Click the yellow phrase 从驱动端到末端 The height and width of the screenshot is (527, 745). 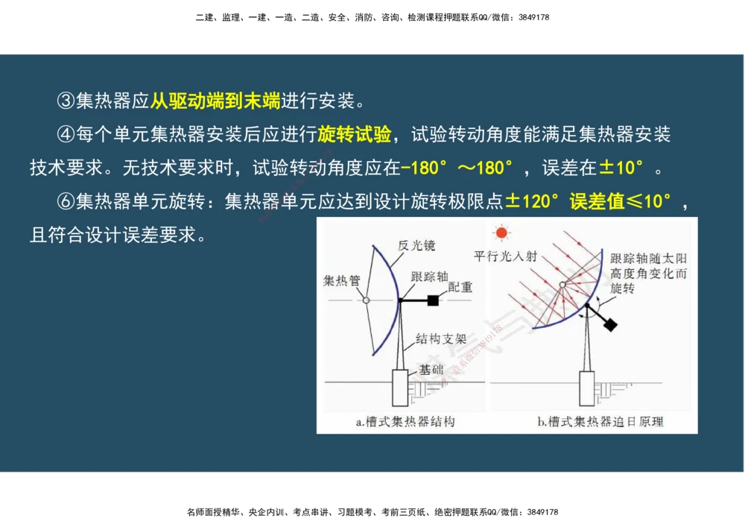pyautogui.click(x=215, y=100)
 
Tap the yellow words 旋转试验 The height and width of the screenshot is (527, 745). pyautogui.click(x=355, y=134)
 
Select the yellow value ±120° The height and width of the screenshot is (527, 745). pyautogui.click(x=532, y=201)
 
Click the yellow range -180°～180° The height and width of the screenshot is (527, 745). pyautogui.click(x=457, y=168)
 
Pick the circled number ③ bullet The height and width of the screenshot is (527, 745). pyautogui.click(x=66, y=100)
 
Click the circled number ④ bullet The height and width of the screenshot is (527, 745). pyautogui.click(x=66, y=134)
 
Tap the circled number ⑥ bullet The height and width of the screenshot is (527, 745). pyautogui.click(x=66, y=201)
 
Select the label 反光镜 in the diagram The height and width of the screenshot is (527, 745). pyautogui.click(x=416, y=245)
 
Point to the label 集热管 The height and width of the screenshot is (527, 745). pyautogui.click(x=341, y=280)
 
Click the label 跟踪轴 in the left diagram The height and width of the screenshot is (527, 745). pyautogui.click(x=428, y=276)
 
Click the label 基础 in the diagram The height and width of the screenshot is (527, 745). pyautogui.click(x=431, y=369)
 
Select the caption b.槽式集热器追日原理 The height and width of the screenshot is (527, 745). pyautogui.click(x=600, y=422)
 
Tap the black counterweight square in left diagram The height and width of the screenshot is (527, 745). pyautogui.click(x=432, y=300)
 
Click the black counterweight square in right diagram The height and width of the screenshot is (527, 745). pyautogui.click(x=610, y=325)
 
